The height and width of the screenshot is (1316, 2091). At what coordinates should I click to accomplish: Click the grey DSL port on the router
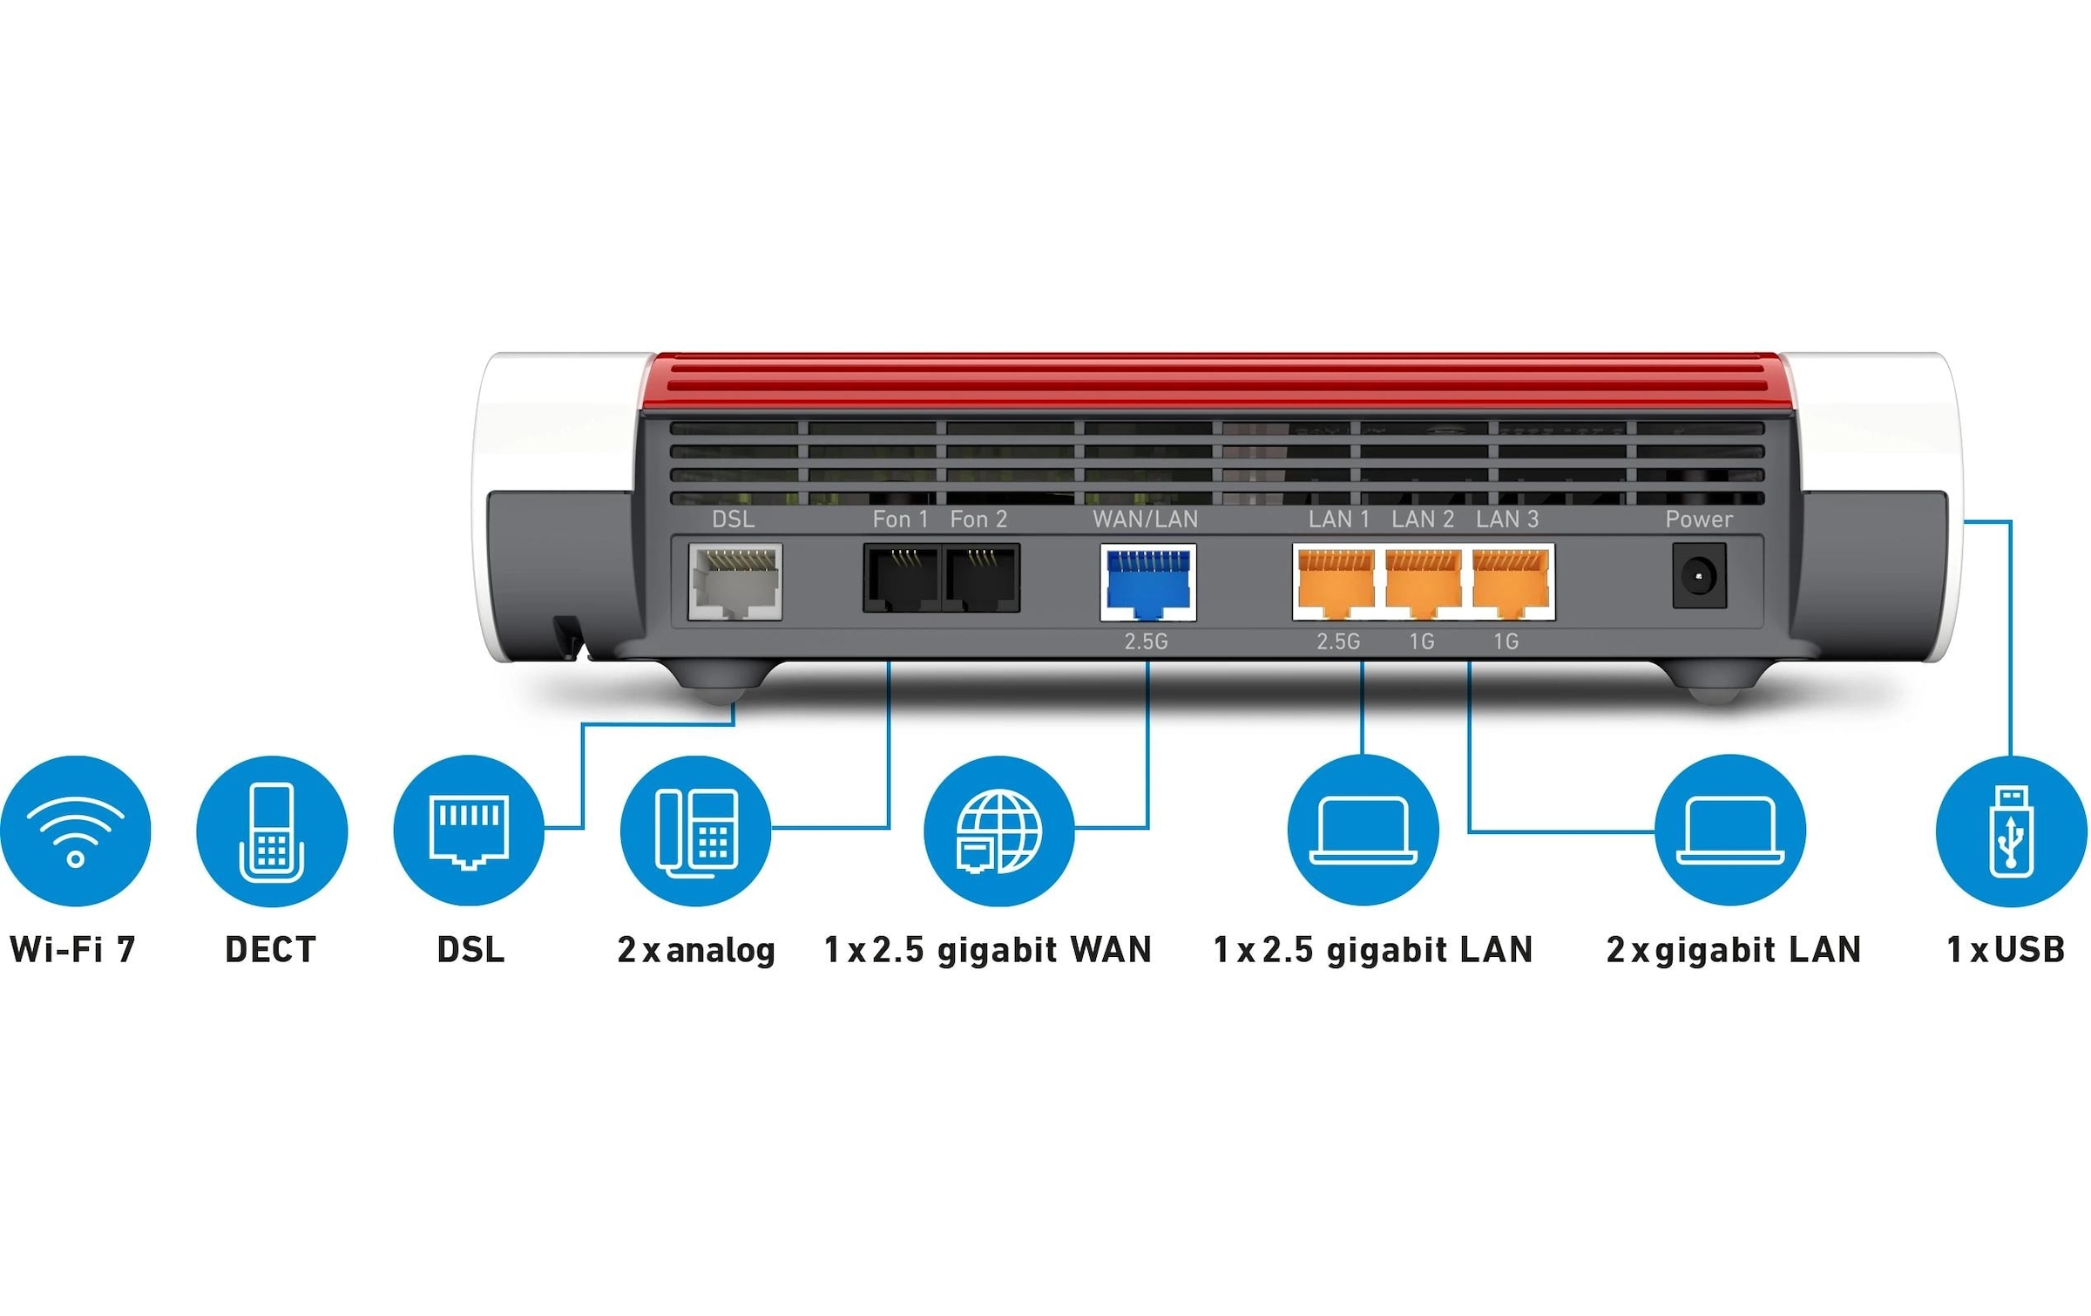coord(734,581)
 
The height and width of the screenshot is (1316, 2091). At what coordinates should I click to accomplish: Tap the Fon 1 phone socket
coord(902,578)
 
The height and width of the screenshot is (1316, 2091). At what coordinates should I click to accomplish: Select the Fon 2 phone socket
coord(981,578)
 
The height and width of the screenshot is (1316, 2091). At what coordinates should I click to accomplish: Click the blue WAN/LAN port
coord(1147,582)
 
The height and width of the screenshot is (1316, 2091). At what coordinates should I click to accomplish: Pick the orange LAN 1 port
coord(1336,582)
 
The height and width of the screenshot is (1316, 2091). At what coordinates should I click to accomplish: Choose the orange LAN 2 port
coord(1423,582)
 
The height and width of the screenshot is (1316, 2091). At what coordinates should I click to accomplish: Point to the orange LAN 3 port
coord(1510,582)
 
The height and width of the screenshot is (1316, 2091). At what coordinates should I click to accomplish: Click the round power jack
coord(1698,576)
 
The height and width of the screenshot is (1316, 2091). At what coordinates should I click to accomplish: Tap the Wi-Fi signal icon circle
coord(76,831)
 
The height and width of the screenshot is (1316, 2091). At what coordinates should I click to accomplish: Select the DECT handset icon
coord(272,831)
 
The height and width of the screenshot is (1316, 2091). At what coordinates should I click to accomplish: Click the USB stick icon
coord(2011,831)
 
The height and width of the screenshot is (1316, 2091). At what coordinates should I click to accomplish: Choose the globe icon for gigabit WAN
coord(998,831)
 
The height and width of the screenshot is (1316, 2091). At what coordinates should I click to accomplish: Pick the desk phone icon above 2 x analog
coord(696,831)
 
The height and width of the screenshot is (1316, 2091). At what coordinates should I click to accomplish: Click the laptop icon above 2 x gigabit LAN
coord(1730,831)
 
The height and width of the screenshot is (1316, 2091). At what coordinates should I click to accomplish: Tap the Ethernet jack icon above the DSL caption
coord(469,831)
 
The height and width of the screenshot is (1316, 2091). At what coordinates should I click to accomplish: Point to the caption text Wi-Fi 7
coord(73,949)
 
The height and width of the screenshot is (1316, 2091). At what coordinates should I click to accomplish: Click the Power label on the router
coord(1698,519)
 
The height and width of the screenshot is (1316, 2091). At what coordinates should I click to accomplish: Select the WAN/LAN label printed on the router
coord(1145,519)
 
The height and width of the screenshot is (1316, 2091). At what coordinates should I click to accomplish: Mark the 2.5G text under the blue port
coord(1146,642)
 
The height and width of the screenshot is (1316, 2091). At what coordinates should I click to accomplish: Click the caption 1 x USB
coord(2006,949)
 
